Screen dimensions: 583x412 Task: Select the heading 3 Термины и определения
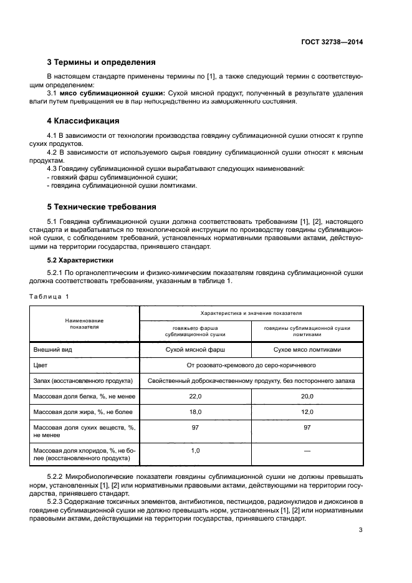pos(102,62)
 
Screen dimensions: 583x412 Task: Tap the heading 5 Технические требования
pos(102,206)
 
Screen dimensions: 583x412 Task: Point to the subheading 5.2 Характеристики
pos(82,259)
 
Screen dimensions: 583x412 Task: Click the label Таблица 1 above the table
pos(50,296)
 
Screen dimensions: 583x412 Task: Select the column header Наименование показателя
pos(85,323)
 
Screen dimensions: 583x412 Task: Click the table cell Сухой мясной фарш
pos(195,350)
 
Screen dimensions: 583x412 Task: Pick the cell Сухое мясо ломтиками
pos(307,350)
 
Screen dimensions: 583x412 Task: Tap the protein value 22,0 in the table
pos(195,396)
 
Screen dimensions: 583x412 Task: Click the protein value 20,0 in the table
pos(307,396)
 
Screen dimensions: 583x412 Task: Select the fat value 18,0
pos(195,412)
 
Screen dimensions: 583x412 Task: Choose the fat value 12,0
pos(307,412)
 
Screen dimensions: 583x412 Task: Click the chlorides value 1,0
pos(195,450)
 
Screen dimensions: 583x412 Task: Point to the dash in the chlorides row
pos(307,450)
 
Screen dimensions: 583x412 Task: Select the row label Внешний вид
pos(52,350)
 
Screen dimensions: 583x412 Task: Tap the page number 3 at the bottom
pos(360,531)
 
